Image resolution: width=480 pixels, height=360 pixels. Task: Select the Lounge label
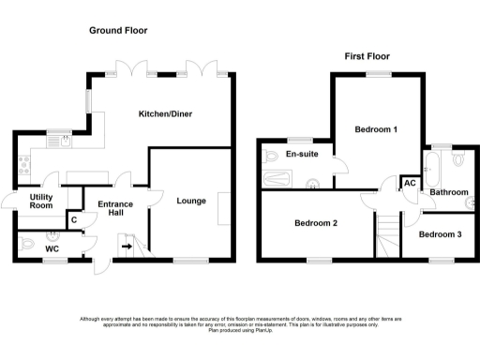click(x=190, y=201)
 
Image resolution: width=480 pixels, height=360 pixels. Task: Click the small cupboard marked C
click(x=73, y=220)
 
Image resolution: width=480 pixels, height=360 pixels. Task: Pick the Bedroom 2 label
click(x=315, y=223)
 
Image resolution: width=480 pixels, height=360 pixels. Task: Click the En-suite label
click(x=299, y=154)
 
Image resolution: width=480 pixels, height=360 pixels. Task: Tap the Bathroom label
click(x=448, y=191)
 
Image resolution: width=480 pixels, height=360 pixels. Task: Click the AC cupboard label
click(x=410, y=183)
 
